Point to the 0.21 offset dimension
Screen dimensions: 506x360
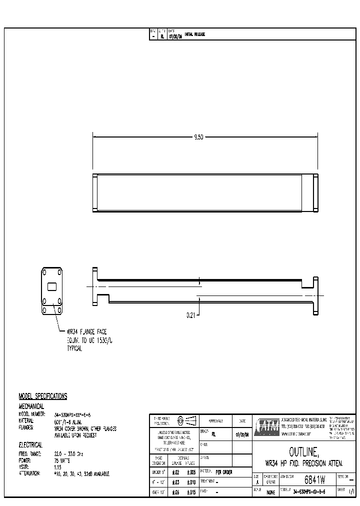point(192,315)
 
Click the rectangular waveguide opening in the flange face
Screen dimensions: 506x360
point(51,286)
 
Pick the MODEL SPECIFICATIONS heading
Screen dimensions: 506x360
point(43,396)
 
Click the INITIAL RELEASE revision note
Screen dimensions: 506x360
point(195,34)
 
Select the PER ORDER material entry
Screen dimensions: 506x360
point(224,471)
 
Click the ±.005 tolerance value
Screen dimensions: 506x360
point(191,472)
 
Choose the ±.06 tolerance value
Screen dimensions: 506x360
point(175,492)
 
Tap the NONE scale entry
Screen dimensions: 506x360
point(271,492)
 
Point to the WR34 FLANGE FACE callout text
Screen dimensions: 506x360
point(86,331)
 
